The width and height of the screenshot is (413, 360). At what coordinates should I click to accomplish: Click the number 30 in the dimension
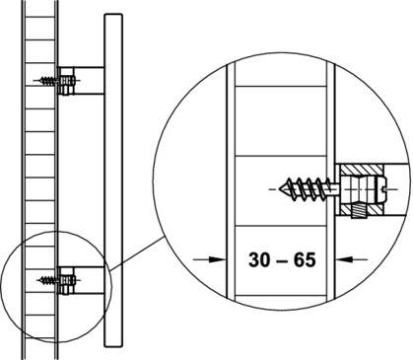259,259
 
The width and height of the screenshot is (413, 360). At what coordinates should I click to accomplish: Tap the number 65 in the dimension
305,259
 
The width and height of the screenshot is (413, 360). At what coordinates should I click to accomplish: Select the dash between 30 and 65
282,260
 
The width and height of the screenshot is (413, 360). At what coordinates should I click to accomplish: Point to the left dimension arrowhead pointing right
218,259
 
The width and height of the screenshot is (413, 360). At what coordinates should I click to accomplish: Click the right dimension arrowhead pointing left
344,259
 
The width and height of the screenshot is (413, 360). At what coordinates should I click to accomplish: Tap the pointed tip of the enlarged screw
279,189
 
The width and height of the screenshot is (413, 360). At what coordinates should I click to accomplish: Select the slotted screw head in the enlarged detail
382,189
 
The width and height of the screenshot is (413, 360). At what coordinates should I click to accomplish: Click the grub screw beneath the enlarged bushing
357,211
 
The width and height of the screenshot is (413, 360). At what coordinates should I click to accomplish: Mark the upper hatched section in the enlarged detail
361,170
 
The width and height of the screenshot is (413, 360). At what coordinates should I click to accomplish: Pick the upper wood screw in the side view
48,81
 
